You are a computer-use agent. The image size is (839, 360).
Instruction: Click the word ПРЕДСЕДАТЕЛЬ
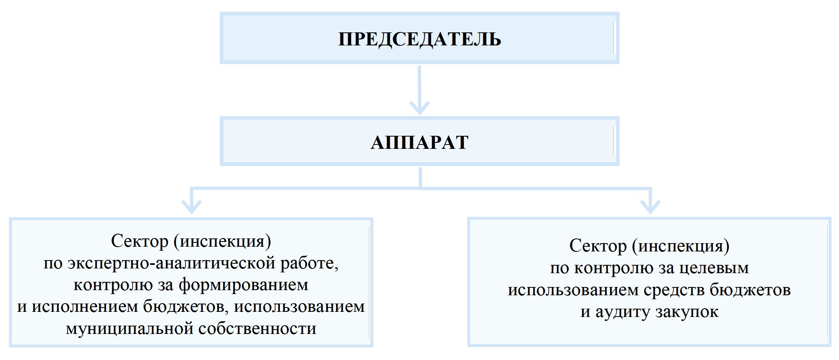(420, 39)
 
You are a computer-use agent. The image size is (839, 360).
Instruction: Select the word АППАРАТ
(420, 142)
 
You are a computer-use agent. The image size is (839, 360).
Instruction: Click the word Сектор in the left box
(140, 241)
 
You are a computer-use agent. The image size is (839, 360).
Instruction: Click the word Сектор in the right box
(598, 246)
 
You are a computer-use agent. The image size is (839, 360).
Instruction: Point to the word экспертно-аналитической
(172, 263)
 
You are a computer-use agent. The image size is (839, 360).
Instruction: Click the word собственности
(257, 329)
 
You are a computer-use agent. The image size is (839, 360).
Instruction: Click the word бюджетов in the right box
(750, 290)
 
